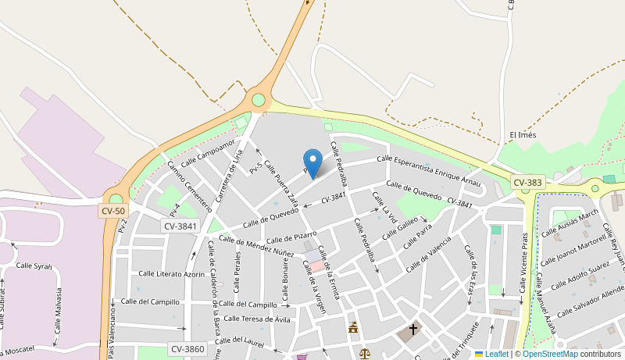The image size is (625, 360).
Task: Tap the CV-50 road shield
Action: click(x=112, y=211)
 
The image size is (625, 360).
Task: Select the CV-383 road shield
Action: click(x=527, y=182)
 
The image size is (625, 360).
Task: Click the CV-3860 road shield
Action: click(x=187, y=349)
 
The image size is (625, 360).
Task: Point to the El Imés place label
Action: click(x=523, y=135)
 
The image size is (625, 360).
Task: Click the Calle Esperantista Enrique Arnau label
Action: click(x=428, y=169)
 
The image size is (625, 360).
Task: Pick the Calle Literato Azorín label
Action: click(x=172, y=273)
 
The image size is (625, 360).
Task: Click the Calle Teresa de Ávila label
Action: click(x=258, y=318)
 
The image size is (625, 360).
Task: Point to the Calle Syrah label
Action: click(x=33, y=266)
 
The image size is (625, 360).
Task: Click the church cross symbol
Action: click(x=413, y=330)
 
